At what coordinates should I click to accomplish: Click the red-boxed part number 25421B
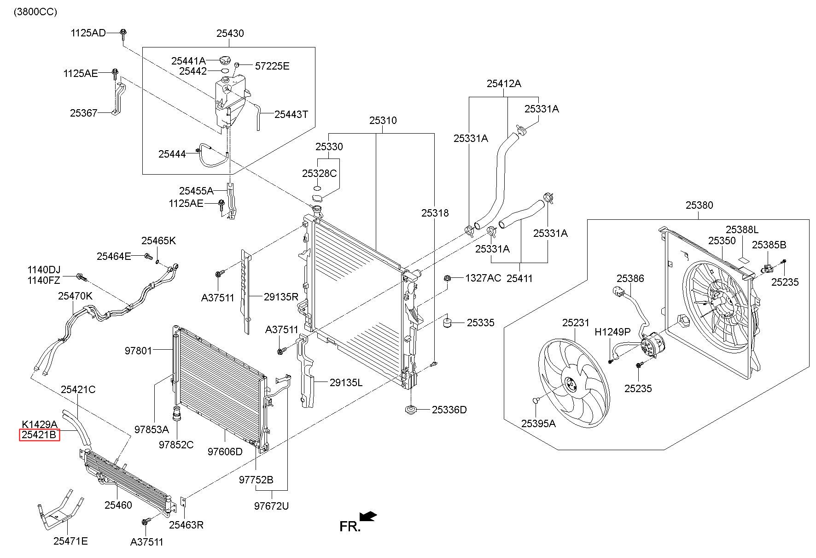[39, 435]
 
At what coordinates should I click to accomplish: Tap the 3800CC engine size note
[35, 12]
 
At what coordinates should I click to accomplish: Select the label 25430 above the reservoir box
[230, 33]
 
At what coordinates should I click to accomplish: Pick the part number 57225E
[272, 66]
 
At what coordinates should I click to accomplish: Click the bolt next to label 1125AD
[123, 33]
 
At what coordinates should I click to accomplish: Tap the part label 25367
[84, 113]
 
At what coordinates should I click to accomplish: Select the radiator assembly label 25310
[383, 120]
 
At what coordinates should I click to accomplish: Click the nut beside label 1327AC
[447, 278]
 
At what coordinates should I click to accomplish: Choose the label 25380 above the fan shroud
[699, 205]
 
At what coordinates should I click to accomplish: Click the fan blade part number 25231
[576, 323]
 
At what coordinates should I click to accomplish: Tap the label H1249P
[612, 332]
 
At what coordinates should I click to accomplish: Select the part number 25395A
[538, 423]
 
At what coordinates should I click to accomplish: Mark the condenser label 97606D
[225, 452]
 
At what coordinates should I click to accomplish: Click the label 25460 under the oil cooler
[118, 505]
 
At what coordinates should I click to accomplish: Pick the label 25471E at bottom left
[70, 541]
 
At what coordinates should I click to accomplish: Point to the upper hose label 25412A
[504, 83]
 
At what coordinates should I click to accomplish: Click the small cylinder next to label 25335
[447, 322]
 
